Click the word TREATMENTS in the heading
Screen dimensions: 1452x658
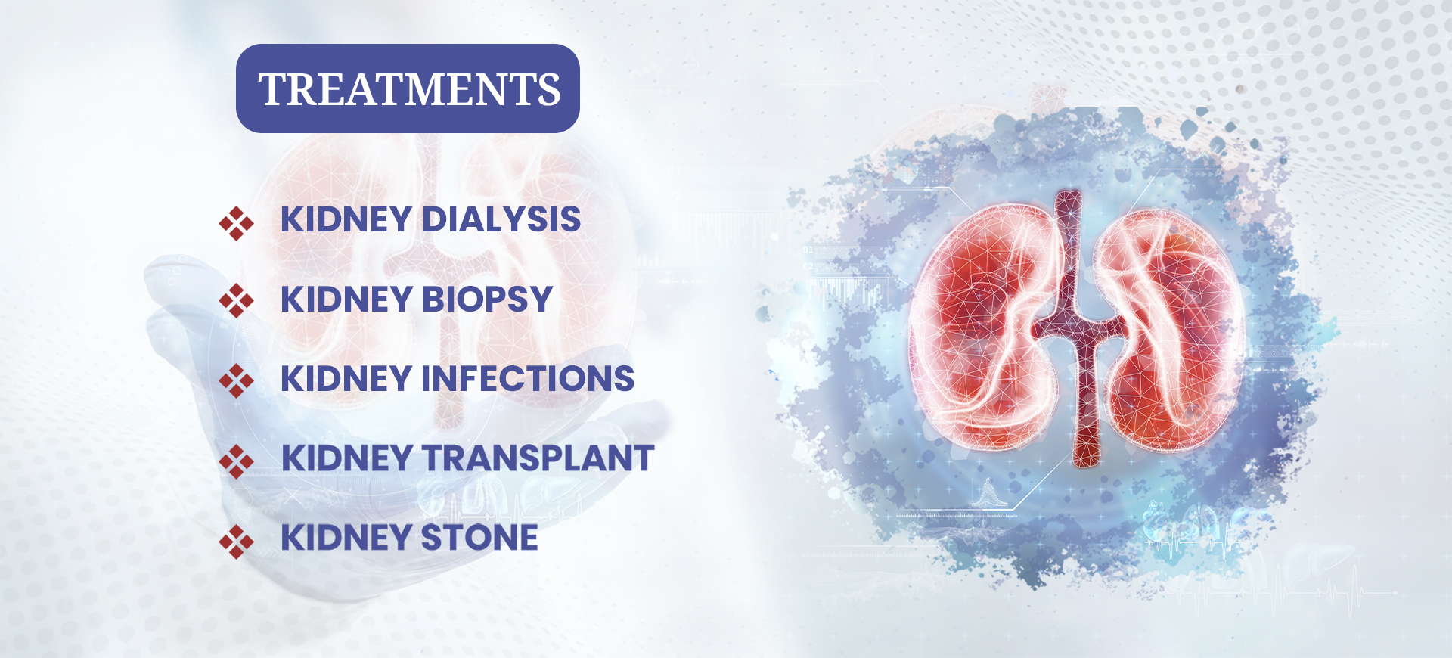point(409,89)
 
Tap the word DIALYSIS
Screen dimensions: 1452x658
point(501,219)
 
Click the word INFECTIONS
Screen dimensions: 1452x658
point(527,379)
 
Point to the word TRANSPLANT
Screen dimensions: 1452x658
point(538,458)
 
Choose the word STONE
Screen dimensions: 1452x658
point(479,538)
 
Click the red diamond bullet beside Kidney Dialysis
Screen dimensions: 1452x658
point(236,223)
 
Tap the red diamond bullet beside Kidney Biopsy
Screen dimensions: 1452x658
point(236,301)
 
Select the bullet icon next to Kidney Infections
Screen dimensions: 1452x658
point(236,380)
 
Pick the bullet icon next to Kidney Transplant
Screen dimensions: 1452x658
point(236,461)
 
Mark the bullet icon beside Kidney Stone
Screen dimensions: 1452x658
point(236,542)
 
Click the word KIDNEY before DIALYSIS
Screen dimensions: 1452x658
point(346,219)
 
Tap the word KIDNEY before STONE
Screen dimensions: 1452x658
point(346,538)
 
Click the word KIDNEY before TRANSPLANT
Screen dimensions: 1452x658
point(346,458)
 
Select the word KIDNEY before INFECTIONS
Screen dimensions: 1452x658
point(346,379)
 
